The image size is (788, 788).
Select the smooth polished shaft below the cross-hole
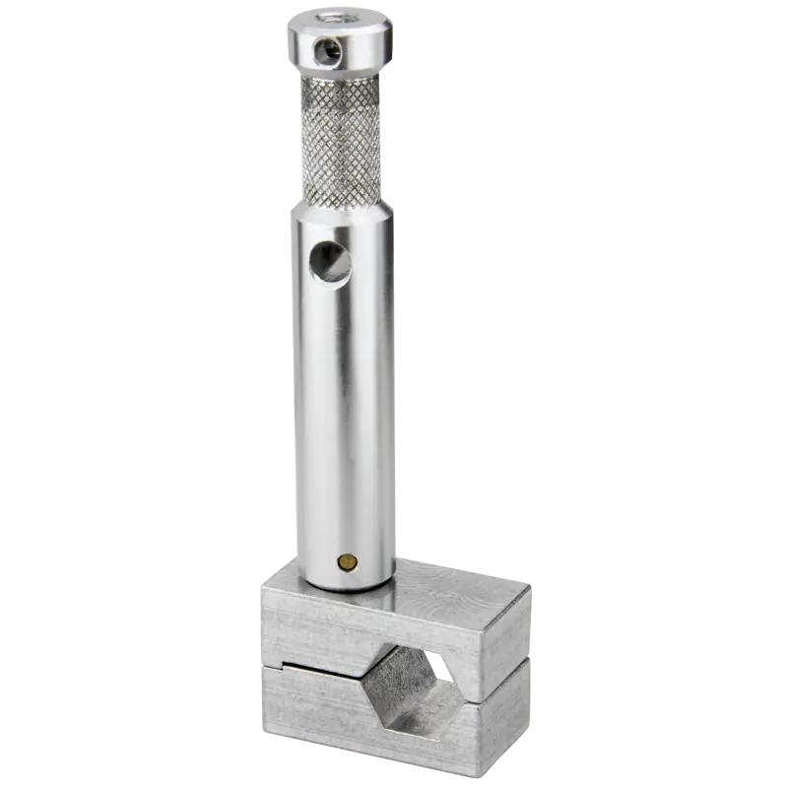[x=345, y=414]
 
